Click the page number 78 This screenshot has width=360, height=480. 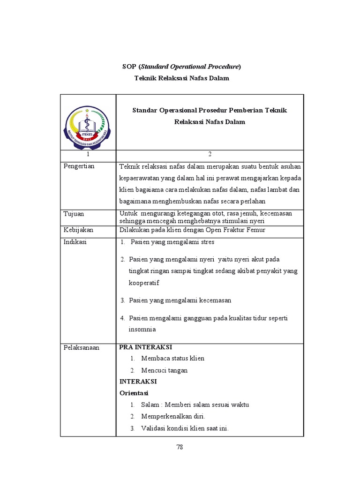click(x=180, y=447)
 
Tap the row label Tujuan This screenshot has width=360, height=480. click(x=74, y=214)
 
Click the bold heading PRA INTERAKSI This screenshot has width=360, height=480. click(x=146, y=347)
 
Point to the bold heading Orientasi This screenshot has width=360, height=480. click(x=134, y=393)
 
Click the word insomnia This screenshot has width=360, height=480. click(x=142, y=330)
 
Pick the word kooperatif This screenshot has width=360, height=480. click(x=144, y=283)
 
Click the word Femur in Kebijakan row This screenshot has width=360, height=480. click(x=256, y=230)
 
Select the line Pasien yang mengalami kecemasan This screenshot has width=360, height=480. click(x=180, y=300)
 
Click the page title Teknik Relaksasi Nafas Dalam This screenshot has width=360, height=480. click(x=182, y=78)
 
